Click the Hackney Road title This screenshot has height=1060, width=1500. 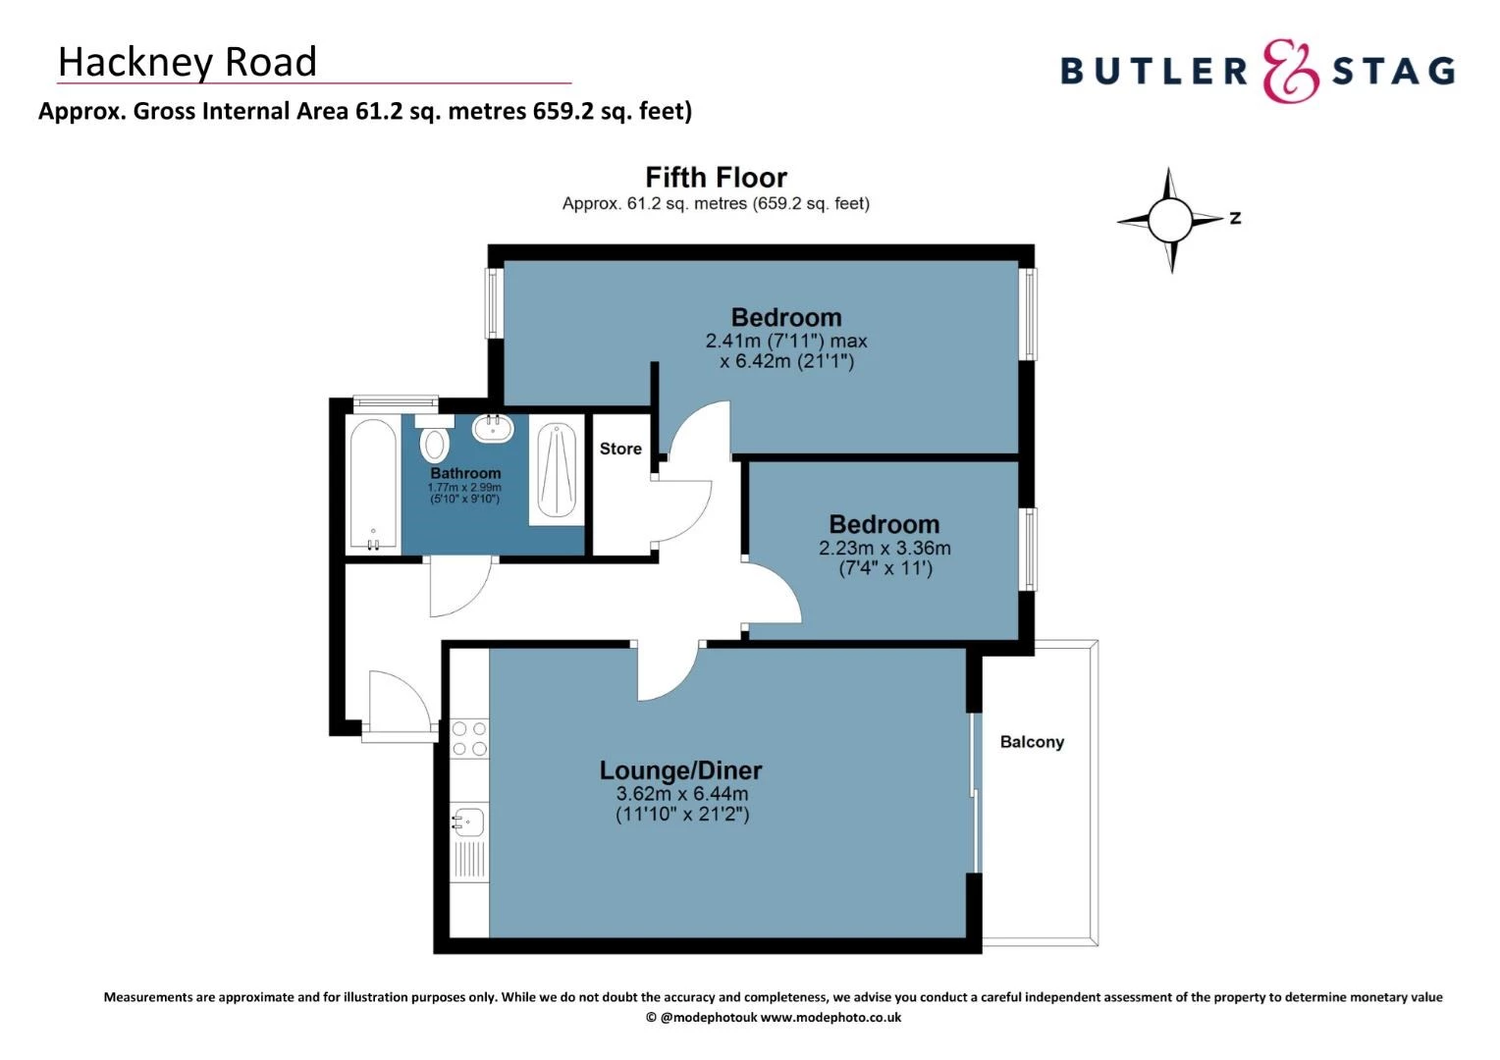[x=187, y=62]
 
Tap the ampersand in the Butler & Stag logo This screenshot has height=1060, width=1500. [x=1289, y=72]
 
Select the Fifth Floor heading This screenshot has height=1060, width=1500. [x=716, y=178]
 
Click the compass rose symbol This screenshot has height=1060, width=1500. [x=1169, y=220]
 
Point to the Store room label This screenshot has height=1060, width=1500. [x=620, y=449]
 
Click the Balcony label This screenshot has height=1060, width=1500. [x=1031, y=742]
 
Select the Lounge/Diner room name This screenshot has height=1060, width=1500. [x=680, y=770]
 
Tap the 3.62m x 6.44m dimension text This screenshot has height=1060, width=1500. [x=681, y=794]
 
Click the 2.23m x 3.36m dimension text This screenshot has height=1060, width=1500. [x=884, y=549]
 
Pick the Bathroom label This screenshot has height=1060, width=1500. [x=465, y=473]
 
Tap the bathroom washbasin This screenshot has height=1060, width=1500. [x=493, y=429]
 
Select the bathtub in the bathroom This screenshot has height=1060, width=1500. [x=373, y=485]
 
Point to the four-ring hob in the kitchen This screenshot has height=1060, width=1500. [x=469, y=739]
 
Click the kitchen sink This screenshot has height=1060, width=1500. [x=469, y=820]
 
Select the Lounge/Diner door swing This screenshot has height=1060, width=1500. [x=668, y=673]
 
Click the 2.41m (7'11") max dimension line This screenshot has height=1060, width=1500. [x=785, y=342]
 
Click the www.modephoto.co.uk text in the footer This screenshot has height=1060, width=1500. [x=830, y=1018]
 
